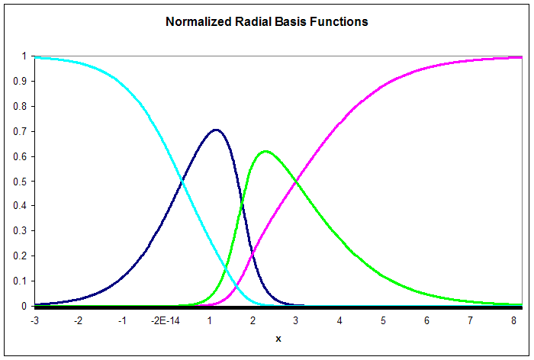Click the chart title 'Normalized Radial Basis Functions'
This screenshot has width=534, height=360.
(267, 22)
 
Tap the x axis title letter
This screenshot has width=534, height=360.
(278, 339)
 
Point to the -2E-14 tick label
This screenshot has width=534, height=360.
(166, 321)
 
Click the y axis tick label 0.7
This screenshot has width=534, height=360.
(20, 131)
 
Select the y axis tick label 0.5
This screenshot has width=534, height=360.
(20, 182)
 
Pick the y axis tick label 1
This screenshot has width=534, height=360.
(24, 56)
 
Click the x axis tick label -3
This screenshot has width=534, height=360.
(35, 321)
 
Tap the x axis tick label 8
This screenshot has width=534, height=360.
(513, 321)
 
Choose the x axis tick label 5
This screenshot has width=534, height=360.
(383, 321)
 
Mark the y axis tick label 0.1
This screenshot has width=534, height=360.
(20, 281)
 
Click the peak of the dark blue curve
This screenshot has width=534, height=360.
(216, 130)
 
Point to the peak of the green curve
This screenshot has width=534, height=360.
(265, 151)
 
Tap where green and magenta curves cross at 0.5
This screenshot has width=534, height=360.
(296, 182)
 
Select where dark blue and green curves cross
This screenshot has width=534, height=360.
(242, 203)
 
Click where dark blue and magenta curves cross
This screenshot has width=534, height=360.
(253, 254)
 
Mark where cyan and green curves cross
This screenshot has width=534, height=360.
(226, 270)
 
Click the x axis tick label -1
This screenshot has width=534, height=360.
(122, 321)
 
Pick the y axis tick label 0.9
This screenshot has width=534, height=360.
(20, 82)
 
